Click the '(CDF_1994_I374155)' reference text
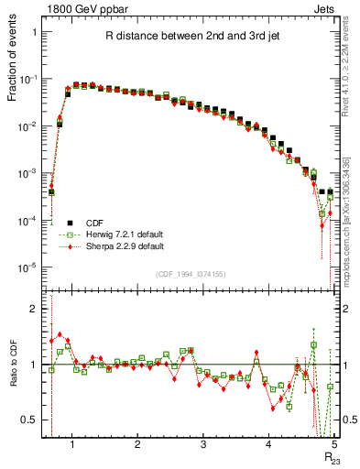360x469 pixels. point(191,275)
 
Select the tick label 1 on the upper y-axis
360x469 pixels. point(35,32)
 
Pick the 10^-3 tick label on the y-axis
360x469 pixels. point(29,173)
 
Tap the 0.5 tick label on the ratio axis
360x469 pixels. point(29,420)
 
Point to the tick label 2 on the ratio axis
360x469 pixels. point(35,309)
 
